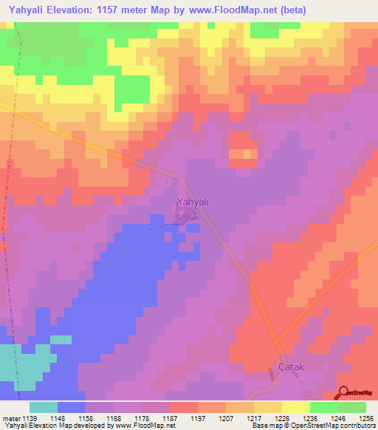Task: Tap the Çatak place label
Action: [291, 366]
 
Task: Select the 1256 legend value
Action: [365, 418]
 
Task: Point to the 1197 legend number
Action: [198, 418]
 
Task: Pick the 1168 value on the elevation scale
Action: [114, 418]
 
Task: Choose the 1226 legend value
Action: [281, 418]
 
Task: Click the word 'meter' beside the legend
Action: [11, 418]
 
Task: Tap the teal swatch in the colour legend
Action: [44, 407]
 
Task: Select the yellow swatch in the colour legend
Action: [296, 407]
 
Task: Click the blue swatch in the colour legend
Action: [72, 407]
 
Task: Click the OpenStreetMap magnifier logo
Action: [344, 393]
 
